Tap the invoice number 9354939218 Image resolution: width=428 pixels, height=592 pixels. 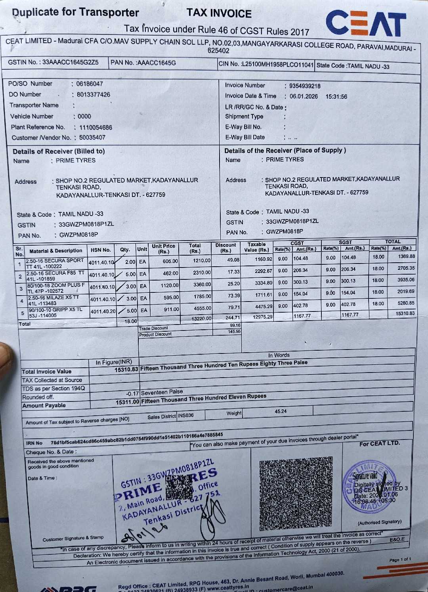pos(305,86)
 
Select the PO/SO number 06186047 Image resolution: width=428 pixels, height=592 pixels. pos(90,84)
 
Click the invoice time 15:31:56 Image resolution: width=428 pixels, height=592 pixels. pos(336,97)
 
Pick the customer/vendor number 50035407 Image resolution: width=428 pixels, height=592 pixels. pos(92,137)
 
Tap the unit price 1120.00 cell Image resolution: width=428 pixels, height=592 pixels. pos(170,285)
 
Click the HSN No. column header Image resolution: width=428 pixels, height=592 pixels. pos(101,250)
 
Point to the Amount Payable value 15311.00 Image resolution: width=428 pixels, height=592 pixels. pos(127,402)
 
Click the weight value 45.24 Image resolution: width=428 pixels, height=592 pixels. pos(281,411)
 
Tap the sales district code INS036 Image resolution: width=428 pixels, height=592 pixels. pos(186,415)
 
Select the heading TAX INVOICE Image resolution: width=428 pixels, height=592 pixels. pos(219,13)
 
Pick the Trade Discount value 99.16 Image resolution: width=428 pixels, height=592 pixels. pos(235,325)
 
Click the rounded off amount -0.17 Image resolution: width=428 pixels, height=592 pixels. pos(132,393)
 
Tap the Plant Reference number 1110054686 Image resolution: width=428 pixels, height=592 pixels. pos(96,128)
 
